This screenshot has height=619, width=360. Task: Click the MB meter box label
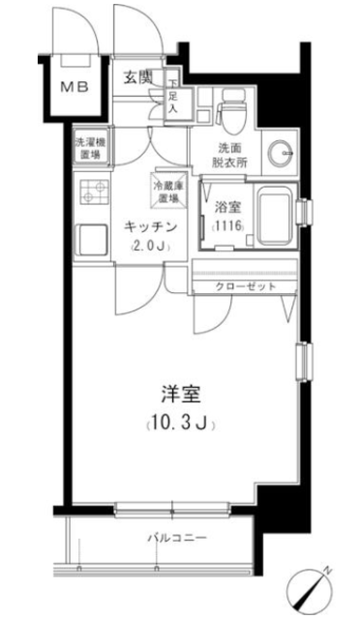(x=74, y=87)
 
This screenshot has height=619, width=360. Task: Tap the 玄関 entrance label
(x=138, y=77)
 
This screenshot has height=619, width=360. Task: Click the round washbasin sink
(x=280, y=153)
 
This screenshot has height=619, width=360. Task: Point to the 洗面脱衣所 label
(x=229, y=156)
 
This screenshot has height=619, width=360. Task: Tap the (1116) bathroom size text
(x=228, y=226)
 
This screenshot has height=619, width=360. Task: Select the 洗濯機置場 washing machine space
(x=91, y=148)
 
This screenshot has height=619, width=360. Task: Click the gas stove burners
(x=95, y=191)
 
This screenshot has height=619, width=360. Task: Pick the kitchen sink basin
(x=92, y=240)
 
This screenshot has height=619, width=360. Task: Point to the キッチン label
(x=150, y=227)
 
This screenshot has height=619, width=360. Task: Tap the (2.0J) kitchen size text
(x=151, y=248)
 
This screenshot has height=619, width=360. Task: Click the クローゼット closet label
(x=246, y=286)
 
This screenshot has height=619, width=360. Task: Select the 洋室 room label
(x=181, y=395)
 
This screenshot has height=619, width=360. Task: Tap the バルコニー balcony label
(x=177, y=539)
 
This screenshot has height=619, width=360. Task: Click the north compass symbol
(x=310, y=591)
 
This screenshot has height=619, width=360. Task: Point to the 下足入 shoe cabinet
(x=173, y=98)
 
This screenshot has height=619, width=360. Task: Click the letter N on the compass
(x=327, y=570)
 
